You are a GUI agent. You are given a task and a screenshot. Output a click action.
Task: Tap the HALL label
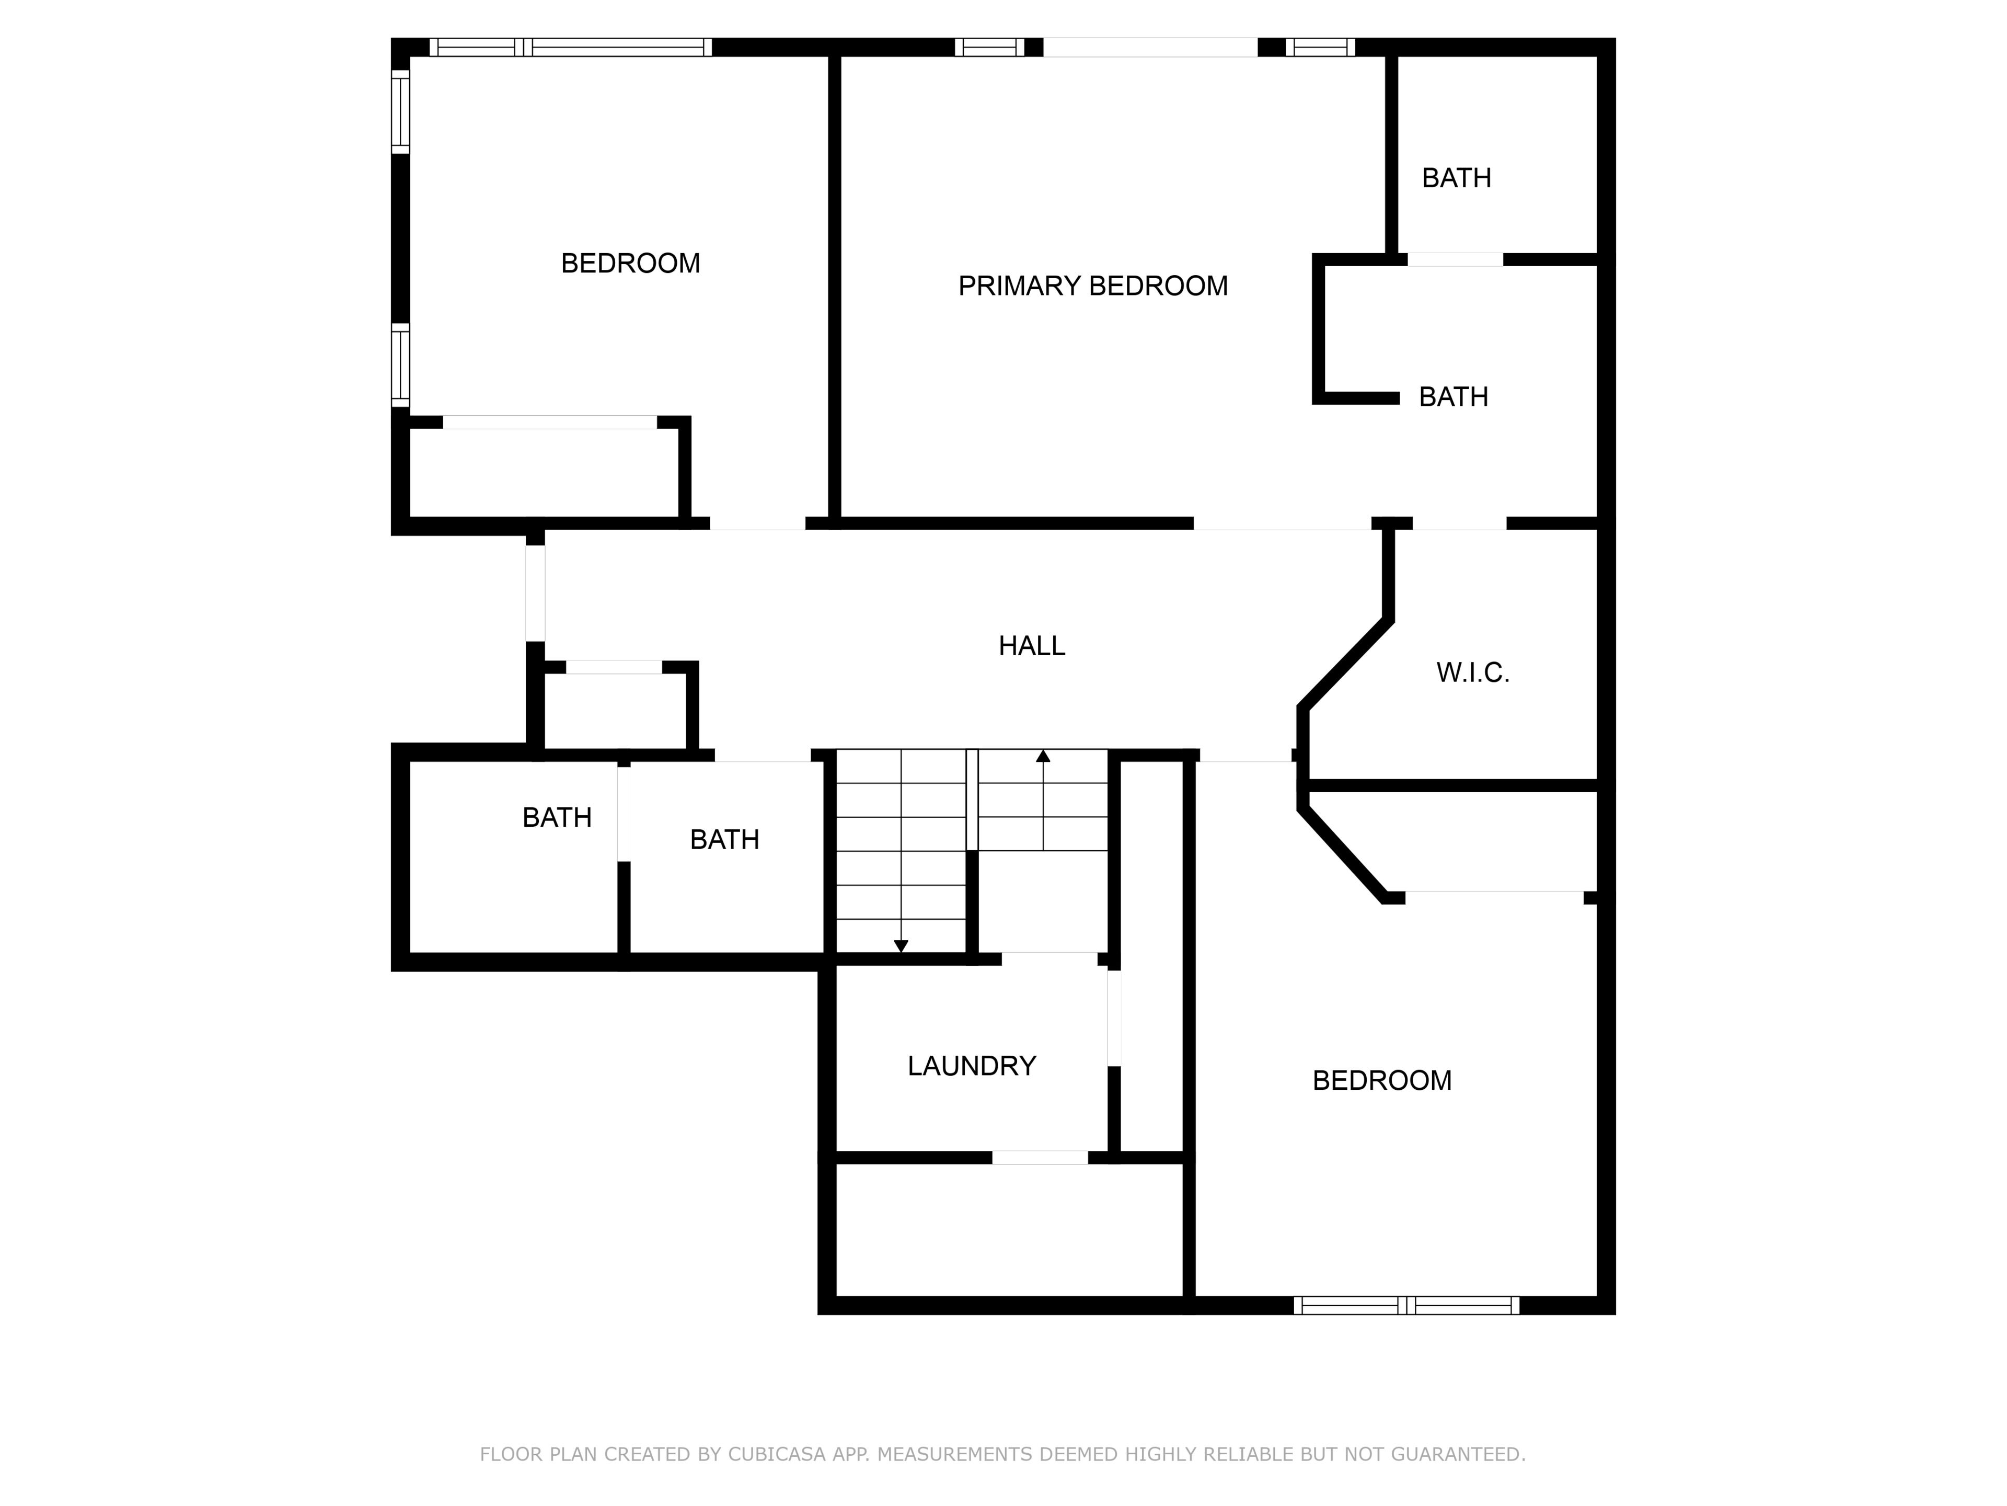(1032, 645)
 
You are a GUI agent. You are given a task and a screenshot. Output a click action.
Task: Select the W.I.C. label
(1473, 672)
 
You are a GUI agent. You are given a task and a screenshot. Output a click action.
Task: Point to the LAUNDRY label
(972, 1066)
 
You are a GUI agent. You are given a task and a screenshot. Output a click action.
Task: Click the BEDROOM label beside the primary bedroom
(631, 263)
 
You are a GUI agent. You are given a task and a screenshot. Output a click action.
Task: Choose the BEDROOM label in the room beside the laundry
(1382, 1080)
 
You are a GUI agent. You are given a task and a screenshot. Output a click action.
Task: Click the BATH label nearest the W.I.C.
(1454, 397)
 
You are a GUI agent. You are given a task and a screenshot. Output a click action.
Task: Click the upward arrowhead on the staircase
(1043, 755)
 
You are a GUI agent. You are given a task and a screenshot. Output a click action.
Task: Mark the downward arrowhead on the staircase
(901, 946)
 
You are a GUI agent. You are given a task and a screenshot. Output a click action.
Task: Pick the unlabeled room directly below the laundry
(1009, 1230)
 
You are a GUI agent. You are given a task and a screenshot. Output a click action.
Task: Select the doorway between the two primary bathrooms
(1456, 259)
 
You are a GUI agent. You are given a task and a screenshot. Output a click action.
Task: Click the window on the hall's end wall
(535, 594)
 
